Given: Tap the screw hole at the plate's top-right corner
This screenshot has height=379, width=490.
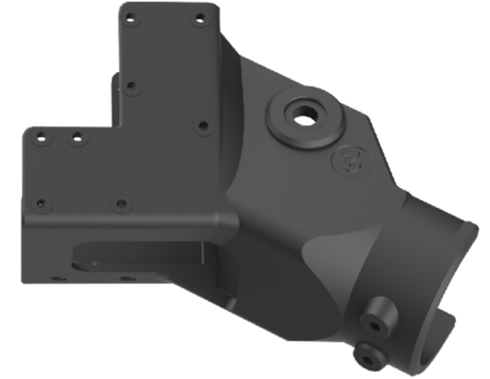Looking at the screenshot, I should tap(200, 19).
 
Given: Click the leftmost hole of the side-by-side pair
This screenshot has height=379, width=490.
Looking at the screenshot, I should tap(42, 138).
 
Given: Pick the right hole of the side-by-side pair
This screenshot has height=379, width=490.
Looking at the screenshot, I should tap(77, 138).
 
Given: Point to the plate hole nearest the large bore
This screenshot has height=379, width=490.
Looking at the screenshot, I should tap(203, 126).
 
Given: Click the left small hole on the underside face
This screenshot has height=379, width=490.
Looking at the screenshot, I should tap(57, 278).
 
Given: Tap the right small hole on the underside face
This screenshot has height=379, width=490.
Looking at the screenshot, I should tap(127, 278).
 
